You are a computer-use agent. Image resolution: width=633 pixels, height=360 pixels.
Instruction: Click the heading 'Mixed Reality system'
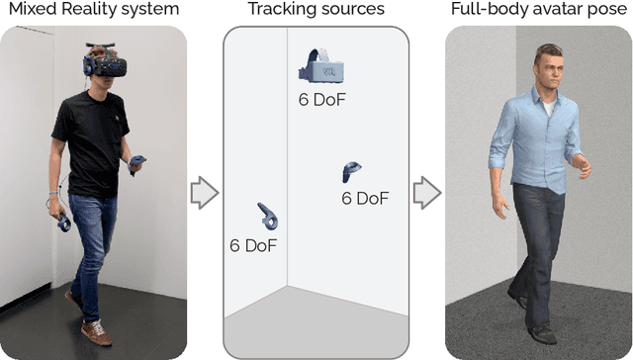tap(93, 11)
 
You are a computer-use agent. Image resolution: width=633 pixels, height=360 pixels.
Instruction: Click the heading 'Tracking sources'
tap(316, 11)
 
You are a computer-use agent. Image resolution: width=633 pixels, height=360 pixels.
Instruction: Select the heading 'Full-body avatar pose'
tap(539, 11)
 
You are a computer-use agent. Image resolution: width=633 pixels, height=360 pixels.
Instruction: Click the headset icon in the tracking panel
tap(318, 66)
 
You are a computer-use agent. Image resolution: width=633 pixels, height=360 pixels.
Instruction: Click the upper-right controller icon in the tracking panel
tap(350, 173)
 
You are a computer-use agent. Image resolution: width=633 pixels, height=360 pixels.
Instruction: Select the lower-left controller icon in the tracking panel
tap(267, 218)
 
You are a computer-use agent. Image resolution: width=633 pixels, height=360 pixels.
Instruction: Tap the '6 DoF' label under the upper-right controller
tap(365, 198)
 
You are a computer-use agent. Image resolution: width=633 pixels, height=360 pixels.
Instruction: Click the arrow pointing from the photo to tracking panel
tap(204, 192)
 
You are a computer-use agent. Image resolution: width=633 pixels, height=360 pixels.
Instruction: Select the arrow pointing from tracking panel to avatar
tap(426, 192)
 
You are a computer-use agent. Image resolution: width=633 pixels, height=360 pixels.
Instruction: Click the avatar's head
tap(549, 69)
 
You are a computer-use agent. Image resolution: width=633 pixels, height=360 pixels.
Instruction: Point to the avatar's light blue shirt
tap(543, 143)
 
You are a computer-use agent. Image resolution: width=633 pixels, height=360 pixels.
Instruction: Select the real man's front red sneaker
tap(95, 330)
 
